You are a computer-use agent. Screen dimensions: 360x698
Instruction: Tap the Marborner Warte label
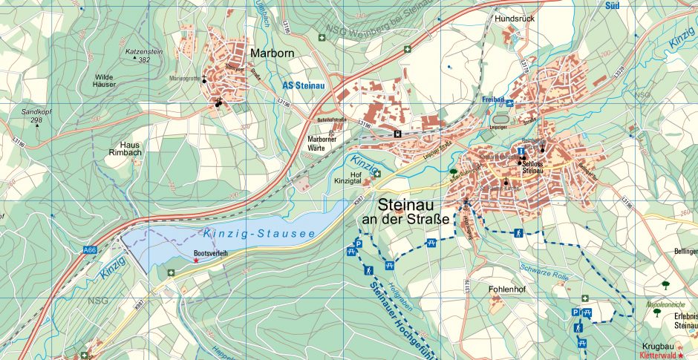(323, 143)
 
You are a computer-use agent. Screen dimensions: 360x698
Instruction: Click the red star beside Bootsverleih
(196, 261)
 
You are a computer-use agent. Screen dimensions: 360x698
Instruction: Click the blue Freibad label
(493, 99)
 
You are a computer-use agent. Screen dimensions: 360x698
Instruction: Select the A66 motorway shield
(90, 250)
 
